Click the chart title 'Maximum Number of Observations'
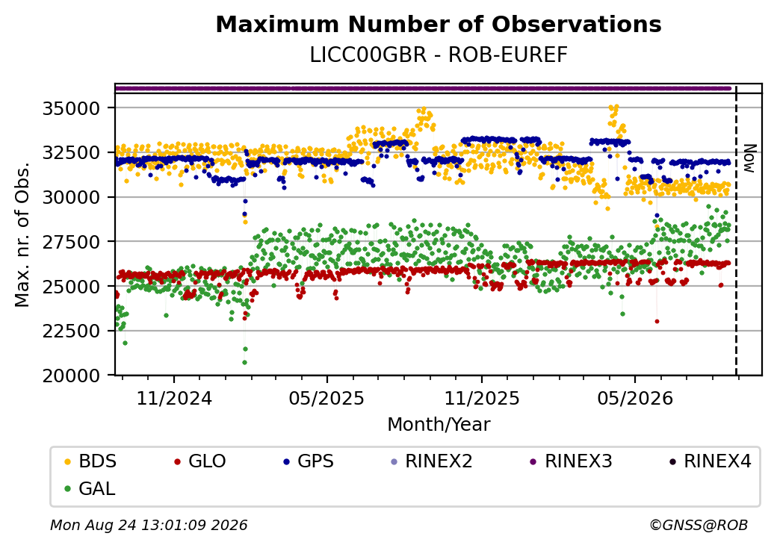(x=439, y=24)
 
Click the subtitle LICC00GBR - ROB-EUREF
(x=439, y=55)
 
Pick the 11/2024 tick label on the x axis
(x=174, y=398)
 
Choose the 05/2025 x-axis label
(x=326, y=398)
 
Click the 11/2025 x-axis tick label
(x=482, y=398)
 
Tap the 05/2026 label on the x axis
(x=635, y=398)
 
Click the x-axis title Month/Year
(x=439, y=425)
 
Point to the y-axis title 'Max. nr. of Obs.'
(x=22, y=234)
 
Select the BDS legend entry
(x=90, y=461)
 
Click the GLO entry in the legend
(x=199, y=461)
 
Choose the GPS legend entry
(x=309, y=461)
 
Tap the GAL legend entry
(x=90, y=488)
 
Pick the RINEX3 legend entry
(x=571, y=461)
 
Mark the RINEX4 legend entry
(x=710, y=461)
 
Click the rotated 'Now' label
(x=750, y=158)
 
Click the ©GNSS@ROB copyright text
(x=699, y=525)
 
